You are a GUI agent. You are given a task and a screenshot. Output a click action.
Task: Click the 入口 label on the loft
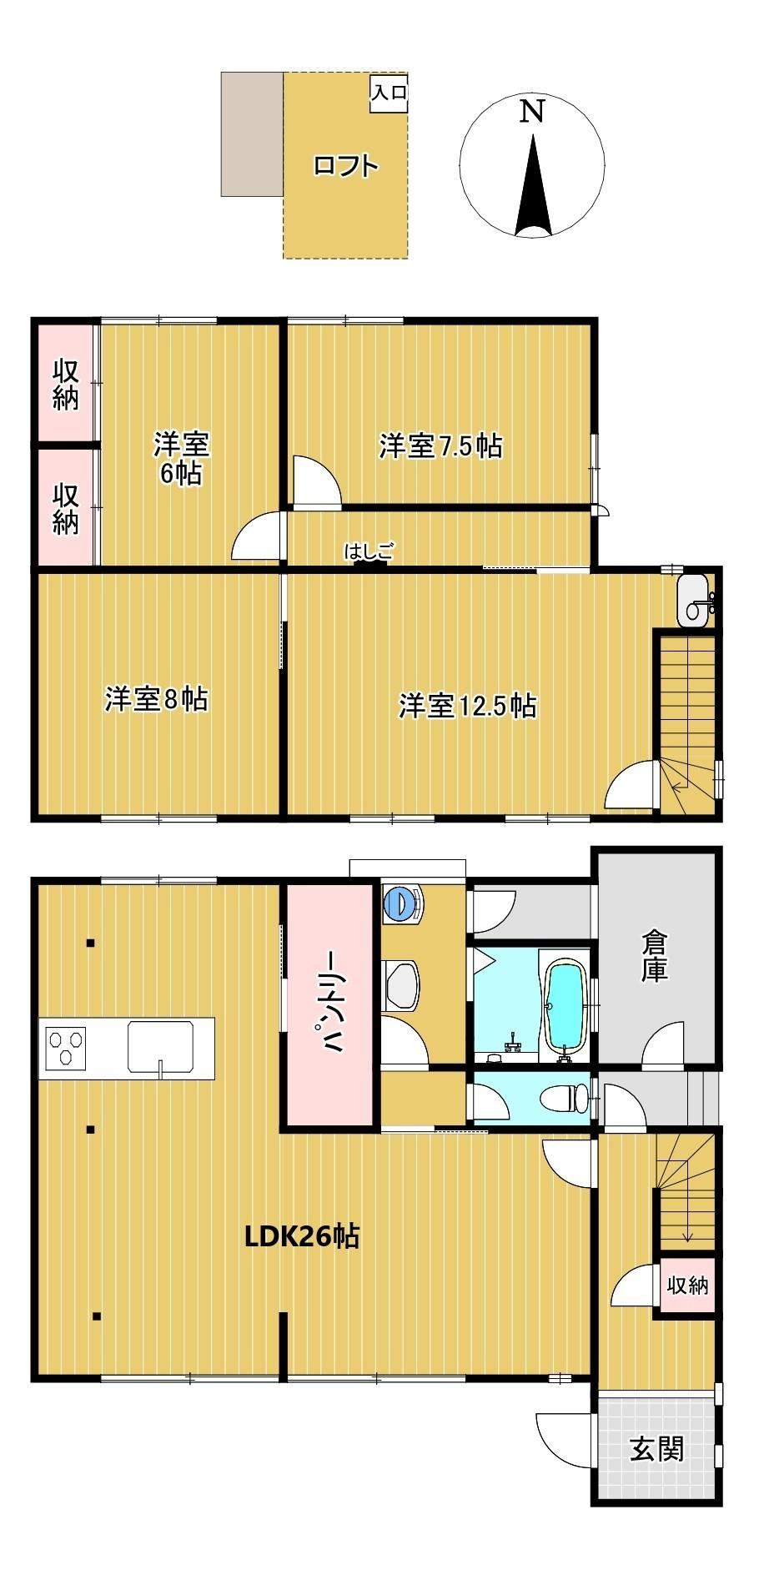tap(390, 93)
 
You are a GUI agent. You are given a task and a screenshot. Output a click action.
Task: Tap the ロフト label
tap(346, 165)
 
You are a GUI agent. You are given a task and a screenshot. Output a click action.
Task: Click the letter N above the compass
tap(532, 112)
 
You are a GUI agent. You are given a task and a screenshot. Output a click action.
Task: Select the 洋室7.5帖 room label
tap(440, 446)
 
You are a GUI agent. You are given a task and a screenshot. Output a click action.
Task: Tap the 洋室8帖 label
tap(156, 698)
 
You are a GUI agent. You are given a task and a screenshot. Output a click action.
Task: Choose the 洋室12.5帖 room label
tap(467, 706)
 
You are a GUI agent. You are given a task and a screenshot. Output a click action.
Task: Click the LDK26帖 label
tap(301, 1235)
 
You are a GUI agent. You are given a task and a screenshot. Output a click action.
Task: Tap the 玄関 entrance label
tap(656, 1448)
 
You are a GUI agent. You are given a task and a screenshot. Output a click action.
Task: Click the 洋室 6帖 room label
tap(181, 458)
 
